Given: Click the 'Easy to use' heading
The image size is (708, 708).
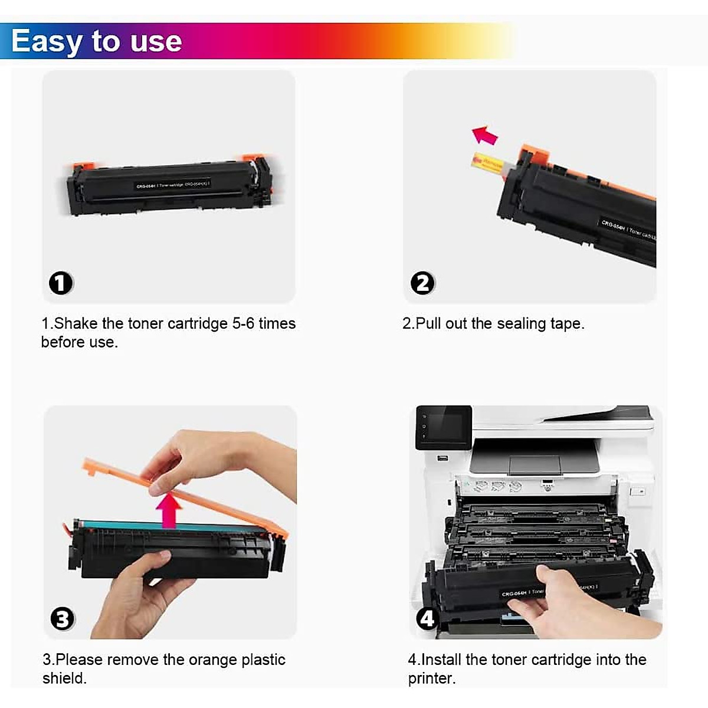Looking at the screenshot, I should click(x=96, y=41).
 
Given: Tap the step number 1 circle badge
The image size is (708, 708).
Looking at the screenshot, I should click(x=60, y=283).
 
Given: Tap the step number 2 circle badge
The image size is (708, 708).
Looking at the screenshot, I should click(x=422, y=283).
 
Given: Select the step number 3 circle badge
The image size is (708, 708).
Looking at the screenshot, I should click(x=62, y=619).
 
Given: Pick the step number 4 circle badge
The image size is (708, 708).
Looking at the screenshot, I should click(x=426, y=618).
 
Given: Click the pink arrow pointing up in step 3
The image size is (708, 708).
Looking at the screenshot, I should click(x=169, y=510).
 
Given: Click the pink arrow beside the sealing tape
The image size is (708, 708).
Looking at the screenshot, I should click(x=485, y=135).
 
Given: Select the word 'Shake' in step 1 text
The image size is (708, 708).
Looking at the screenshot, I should click(x=76, y=324).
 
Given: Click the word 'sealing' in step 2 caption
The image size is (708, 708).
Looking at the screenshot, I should click(x=521, y=324).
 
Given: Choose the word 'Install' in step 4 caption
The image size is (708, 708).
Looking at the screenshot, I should click(x=441, y=660).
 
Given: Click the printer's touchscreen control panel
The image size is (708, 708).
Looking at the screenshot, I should click(x=444, y=427).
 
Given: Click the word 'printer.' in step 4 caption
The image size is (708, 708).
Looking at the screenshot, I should click(x=431, y=678).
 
